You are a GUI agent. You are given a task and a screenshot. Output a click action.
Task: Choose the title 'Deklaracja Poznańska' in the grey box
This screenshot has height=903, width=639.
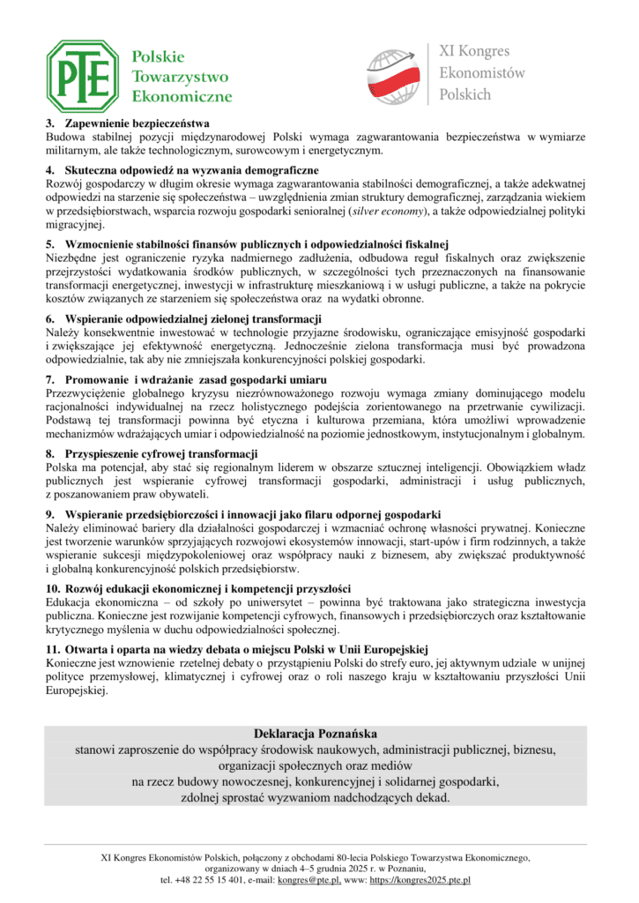316,734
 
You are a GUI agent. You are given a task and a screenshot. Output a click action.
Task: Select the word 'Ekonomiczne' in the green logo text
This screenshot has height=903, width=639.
182,96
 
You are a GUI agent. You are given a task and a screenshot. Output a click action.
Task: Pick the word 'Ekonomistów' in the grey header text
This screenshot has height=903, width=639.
481,73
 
